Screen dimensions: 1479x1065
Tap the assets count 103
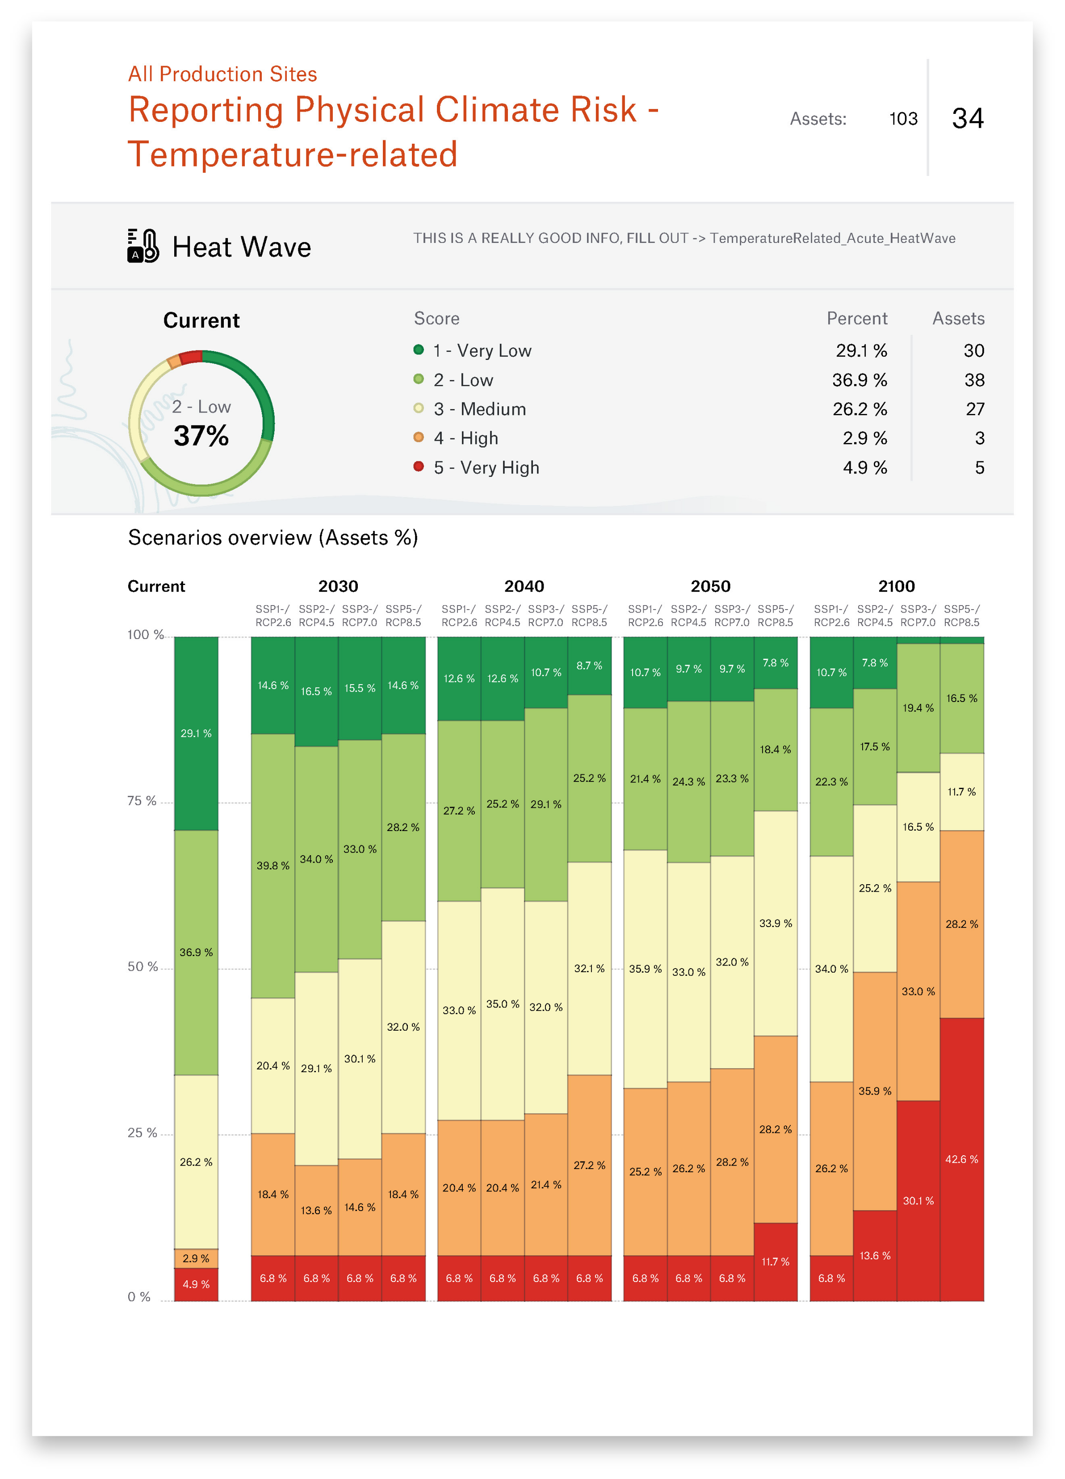[x=903, y=119]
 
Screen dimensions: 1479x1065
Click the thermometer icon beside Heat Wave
[x=143, y=246]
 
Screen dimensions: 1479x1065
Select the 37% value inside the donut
[x=201, y=435]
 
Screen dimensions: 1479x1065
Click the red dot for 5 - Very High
[x=419, y=466]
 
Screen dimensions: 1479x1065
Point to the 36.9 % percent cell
[x=859, y=380]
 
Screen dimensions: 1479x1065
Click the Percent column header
[x=856, y=318]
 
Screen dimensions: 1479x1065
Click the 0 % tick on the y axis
[x=139, y=1296]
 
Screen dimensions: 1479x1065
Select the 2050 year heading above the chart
[x=710, y=586]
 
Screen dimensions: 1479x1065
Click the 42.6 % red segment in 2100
[x=961, y=1159]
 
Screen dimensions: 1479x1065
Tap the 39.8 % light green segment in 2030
[x=273, y=865]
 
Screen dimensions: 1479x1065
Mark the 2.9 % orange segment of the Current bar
[x=196, y=1258]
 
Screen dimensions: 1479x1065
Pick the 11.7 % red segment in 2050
[x=776, y=1261]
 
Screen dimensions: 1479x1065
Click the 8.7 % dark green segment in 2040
[x=589, y=665]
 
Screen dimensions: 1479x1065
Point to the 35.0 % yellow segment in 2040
[x=502, y=1003]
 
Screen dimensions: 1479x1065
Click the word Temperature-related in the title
[x=292, y=155]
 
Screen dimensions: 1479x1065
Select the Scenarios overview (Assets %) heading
[x=273, y=537]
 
